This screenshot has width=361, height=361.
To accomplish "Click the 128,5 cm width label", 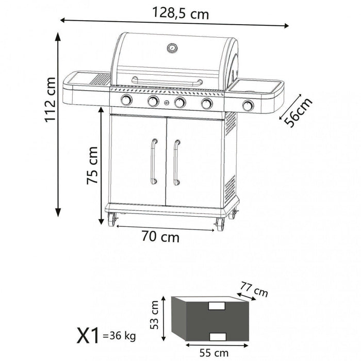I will pyautogui.click(x=180, y=14).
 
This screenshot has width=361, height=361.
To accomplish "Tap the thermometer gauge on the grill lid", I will pyautogui.click(x=171, y=48).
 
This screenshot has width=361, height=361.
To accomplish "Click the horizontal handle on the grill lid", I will pyautogui.click(x=167, y=81).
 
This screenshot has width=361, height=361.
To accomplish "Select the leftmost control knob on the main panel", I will pyautogui.click(x=126, y=101).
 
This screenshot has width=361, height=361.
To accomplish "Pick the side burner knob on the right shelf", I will pyautogui.click(x=248, y=106).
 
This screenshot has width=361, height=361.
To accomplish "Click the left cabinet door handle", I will pyautogui.click(x=153, y=161).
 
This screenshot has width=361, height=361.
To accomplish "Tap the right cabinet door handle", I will pyautogui.click(x=176, y=161).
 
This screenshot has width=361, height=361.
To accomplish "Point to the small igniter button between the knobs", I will pyautogui.click(x=167, y=103).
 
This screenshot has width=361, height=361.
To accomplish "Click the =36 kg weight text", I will pyautogui.click(x=119, y=337).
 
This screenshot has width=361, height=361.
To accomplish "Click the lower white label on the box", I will pyautogui.click(x=217, y=337).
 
